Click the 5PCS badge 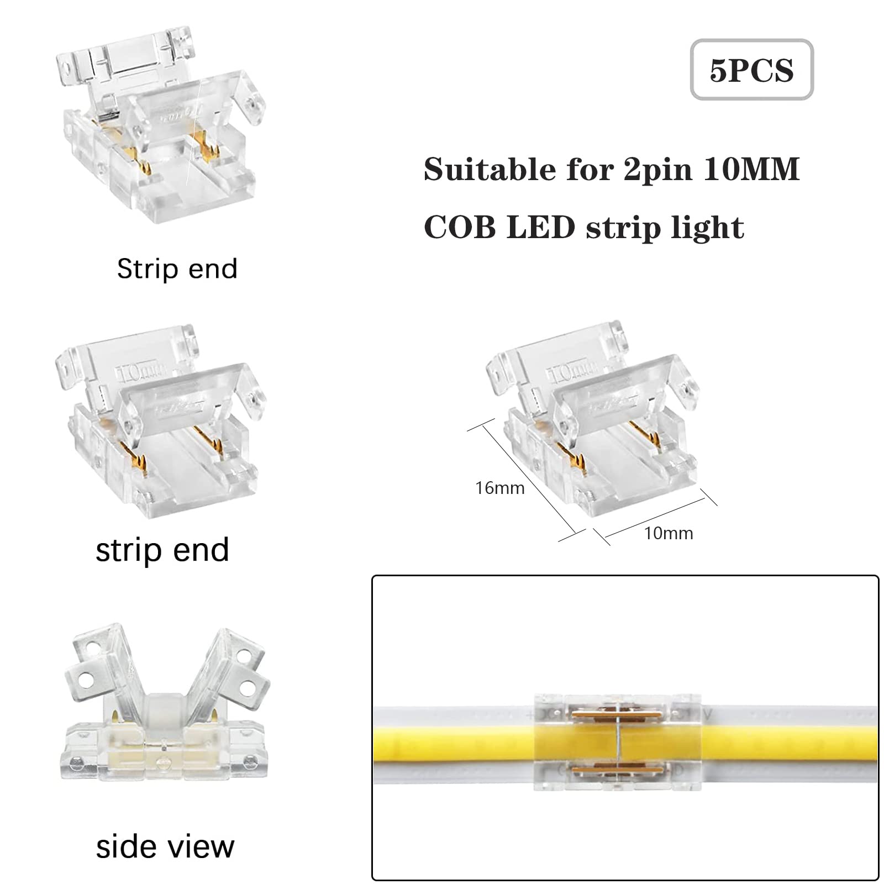coord(751,70)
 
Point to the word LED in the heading coord(541,227)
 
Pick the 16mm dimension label coord(500,488)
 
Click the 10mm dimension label coord(669,533)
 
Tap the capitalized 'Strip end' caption coord(177,269)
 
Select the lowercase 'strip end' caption coord(162,550)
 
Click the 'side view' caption coord(165,846)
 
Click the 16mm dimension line coord(527,480)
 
